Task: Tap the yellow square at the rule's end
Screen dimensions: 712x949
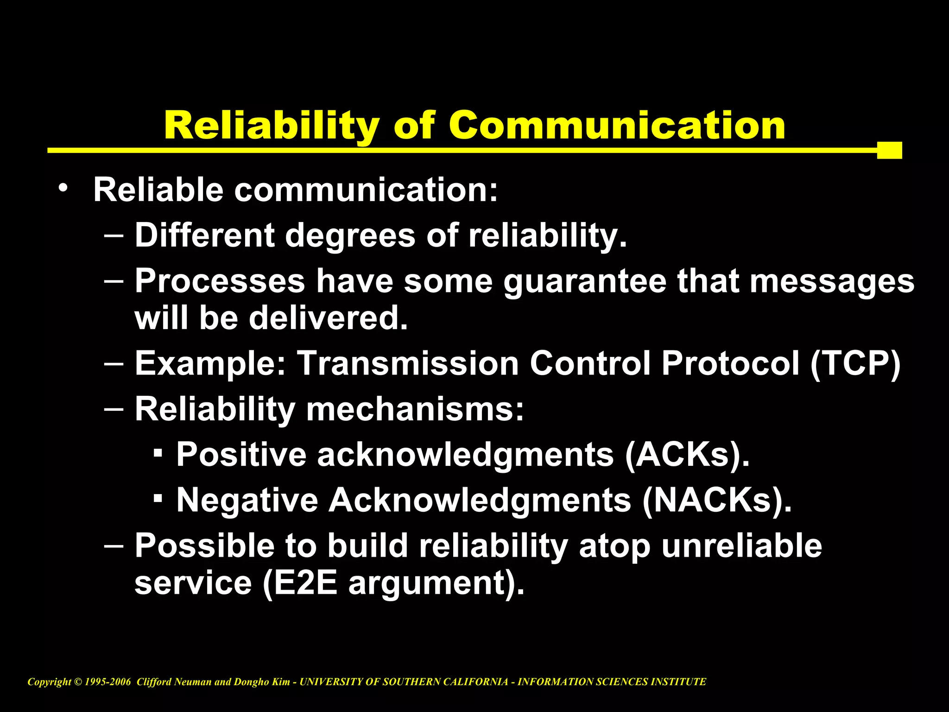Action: (889, 150)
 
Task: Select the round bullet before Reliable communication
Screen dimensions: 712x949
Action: (63, 188)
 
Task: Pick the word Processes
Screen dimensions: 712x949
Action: (220, 281)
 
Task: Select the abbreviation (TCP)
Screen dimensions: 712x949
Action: (855, 363)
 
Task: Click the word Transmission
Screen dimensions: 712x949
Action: (407, 363)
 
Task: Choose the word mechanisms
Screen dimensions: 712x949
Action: (415, 409)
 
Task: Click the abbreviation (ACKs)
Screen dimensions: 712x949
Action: (687, 455)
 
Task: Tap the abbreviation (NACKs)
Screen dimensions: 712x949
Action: (716, 500)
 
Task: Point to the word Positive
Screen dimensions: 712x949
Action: (241, 455)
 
